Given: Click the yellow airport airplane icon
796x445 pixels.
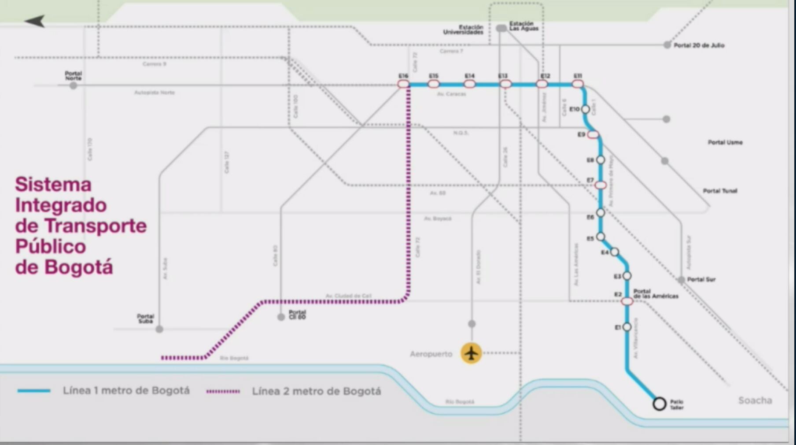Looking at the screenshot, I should pyautogui.click(x=471, y=353).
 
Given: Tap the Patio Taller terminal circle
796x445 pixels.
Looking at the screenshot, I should pyautogui.click(x=659, y=404).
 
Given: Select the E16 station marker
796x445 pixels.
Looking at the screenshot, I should pyautogui.click(x=403, y=84).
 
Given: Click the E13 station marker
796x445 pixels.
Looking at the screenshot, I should pyautogui.click(x=505, y=84).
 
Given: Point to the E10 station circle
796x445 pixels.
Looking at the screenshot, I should pyautogui.click(x=586, y=109).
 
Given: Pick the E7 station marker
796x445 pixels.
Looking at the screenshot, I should pyautogui.click(x=600, y=185).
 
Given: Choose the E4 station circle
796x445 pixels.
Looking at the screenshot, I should pyautogui.click(x=615, y=252).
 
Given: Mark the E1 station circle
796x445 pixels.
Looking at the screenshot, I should pyautogui.click(x=627, y=327).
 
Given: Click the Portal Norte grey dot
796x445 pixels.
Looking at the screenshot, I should pyautogui.click(x=74, y=85).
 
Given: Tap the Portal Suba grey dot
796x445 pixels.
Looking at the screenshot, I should pyautogui.click(x=159, y=329).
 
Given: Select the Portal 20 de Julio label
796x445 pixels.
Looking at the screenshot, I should pyautogui.click(x=699, y=45).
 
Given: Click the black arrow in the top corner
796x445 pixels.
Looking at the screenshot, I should pyautogui.click(x=35, y=21).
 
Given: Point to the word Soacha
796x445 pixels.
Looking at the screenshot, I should pyautogui.click(x=755, y=400).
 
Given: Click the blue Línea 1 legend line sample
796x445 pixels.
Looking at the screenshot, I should pyautogui.click(x=34, y=391).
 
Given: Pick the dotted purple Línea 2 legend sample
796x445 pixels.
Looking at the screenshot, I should pyautogui.click(x=223, y=391).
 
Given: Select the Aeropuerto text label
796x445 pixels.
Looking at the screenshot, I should pyautogui.click(x=431, y=354).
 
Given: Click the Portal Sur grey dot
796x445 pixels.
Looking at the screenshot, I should pyautogui.click(x=681, y=280).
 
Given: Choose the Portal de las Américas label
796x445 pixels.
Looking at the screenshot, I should pyautogui.click(x=656, y=294).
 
